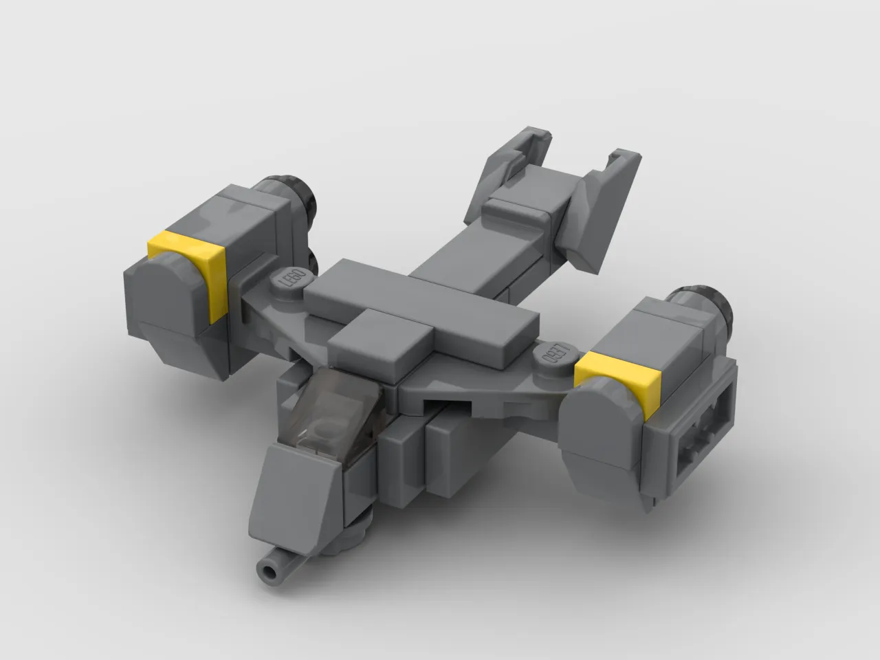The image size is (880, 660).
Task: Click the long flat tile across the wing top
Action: click(419, 313)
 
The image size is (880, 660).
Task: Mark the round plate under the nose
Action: click(347, 536)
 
